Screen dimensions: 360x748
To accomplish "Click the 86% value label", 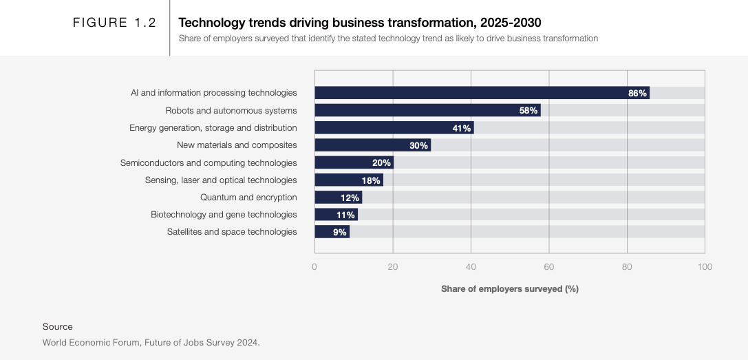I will (637, 93).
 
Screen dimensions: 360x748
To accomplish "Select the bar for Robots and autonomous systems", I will (427, 110).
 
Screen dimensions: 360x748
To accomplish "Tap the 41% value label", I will (461, 128).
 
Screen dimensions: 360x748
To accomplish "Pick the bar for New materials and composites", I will (372, 145).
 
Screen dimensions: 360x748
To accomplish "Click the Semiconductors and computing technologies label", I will (209, 163).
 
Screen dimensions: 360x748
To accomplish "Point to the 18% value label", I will (371, 180).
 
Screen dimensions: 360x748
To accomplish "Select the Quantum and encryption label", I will (248, 198).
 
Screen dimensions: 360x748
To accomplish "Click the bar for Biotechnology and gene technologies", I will (336, 215).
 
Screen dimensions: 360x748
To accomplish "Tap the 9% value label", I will (340, 232).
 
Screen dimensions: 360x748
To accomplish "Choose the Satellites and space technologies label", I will (232, 232).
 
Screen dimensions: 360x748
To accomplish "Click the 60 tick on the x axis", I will (548, 267).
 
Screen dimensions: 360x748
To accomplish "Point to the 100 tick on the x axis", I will (704, 267).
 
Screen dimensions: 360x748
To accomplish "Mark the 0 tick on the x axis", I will (314, 267).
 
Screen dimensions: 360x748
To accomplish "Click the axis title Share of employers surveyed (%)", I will (510, 289).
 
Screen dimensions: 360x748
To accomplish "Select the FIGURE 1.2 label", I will (115, 23).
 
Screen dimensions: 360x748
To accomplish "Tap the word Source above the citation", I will (57, 327).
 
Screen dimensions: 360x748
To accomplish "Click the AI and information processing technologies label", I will (214, 93).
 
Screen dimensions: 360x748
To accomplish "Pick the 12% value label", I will (350, 198).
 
